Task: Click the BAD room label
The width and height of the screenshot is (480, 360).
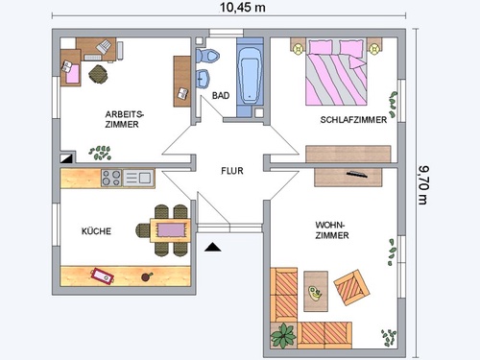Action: click(221, 95)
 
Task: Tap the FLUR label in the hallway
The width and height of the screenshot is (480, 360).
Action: click(232, 171)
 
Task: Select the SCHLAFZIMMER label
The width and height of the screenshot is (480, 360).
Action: click(353, 120)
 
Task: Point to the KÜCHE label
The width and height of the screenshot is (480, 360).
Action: click(96, 230)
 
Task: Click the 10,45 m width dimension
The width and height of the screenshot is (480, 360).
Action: click(242, 8)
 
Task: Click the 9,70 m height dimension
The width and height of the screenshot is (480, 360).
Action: click(423, 185)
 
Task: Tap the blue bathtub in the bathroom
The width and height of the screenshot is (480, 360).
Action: click(250, 76)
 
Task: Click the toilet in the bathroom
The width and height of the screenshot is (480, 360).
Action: click(207, 56)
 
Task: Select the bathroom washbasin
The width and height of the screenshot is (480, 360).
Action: click(203, 79)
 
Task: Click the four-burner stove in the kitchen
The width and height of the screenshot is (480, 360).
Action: click(111, 178)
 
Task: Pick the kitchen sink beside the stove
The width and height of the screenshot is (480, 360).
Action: click(138, 178)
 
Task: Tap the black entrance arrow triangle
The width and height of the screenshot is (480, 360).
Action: click(213, 247)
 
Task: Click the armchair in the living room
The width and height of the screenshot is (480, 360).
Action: click(351, 288)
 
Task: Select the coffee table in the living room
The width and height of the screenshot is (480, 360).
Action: click(316, 291)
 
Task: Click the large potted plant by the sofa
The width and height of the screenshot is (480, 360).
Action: click(283, 336)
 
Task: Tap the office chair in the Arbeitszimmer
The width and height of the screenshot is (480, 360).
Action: click(98, 74)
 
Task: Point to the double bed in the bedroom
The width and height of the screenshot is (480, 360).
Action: click(336, 72)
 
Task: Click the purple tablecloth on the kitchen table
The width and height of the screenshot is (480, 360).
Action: click(171, 230)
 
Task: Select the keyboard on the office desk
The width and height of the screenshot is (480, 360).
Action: click(93, 58)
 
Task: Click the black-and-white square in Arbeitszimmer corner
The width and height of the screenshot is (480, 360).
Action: click(66, 158)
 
